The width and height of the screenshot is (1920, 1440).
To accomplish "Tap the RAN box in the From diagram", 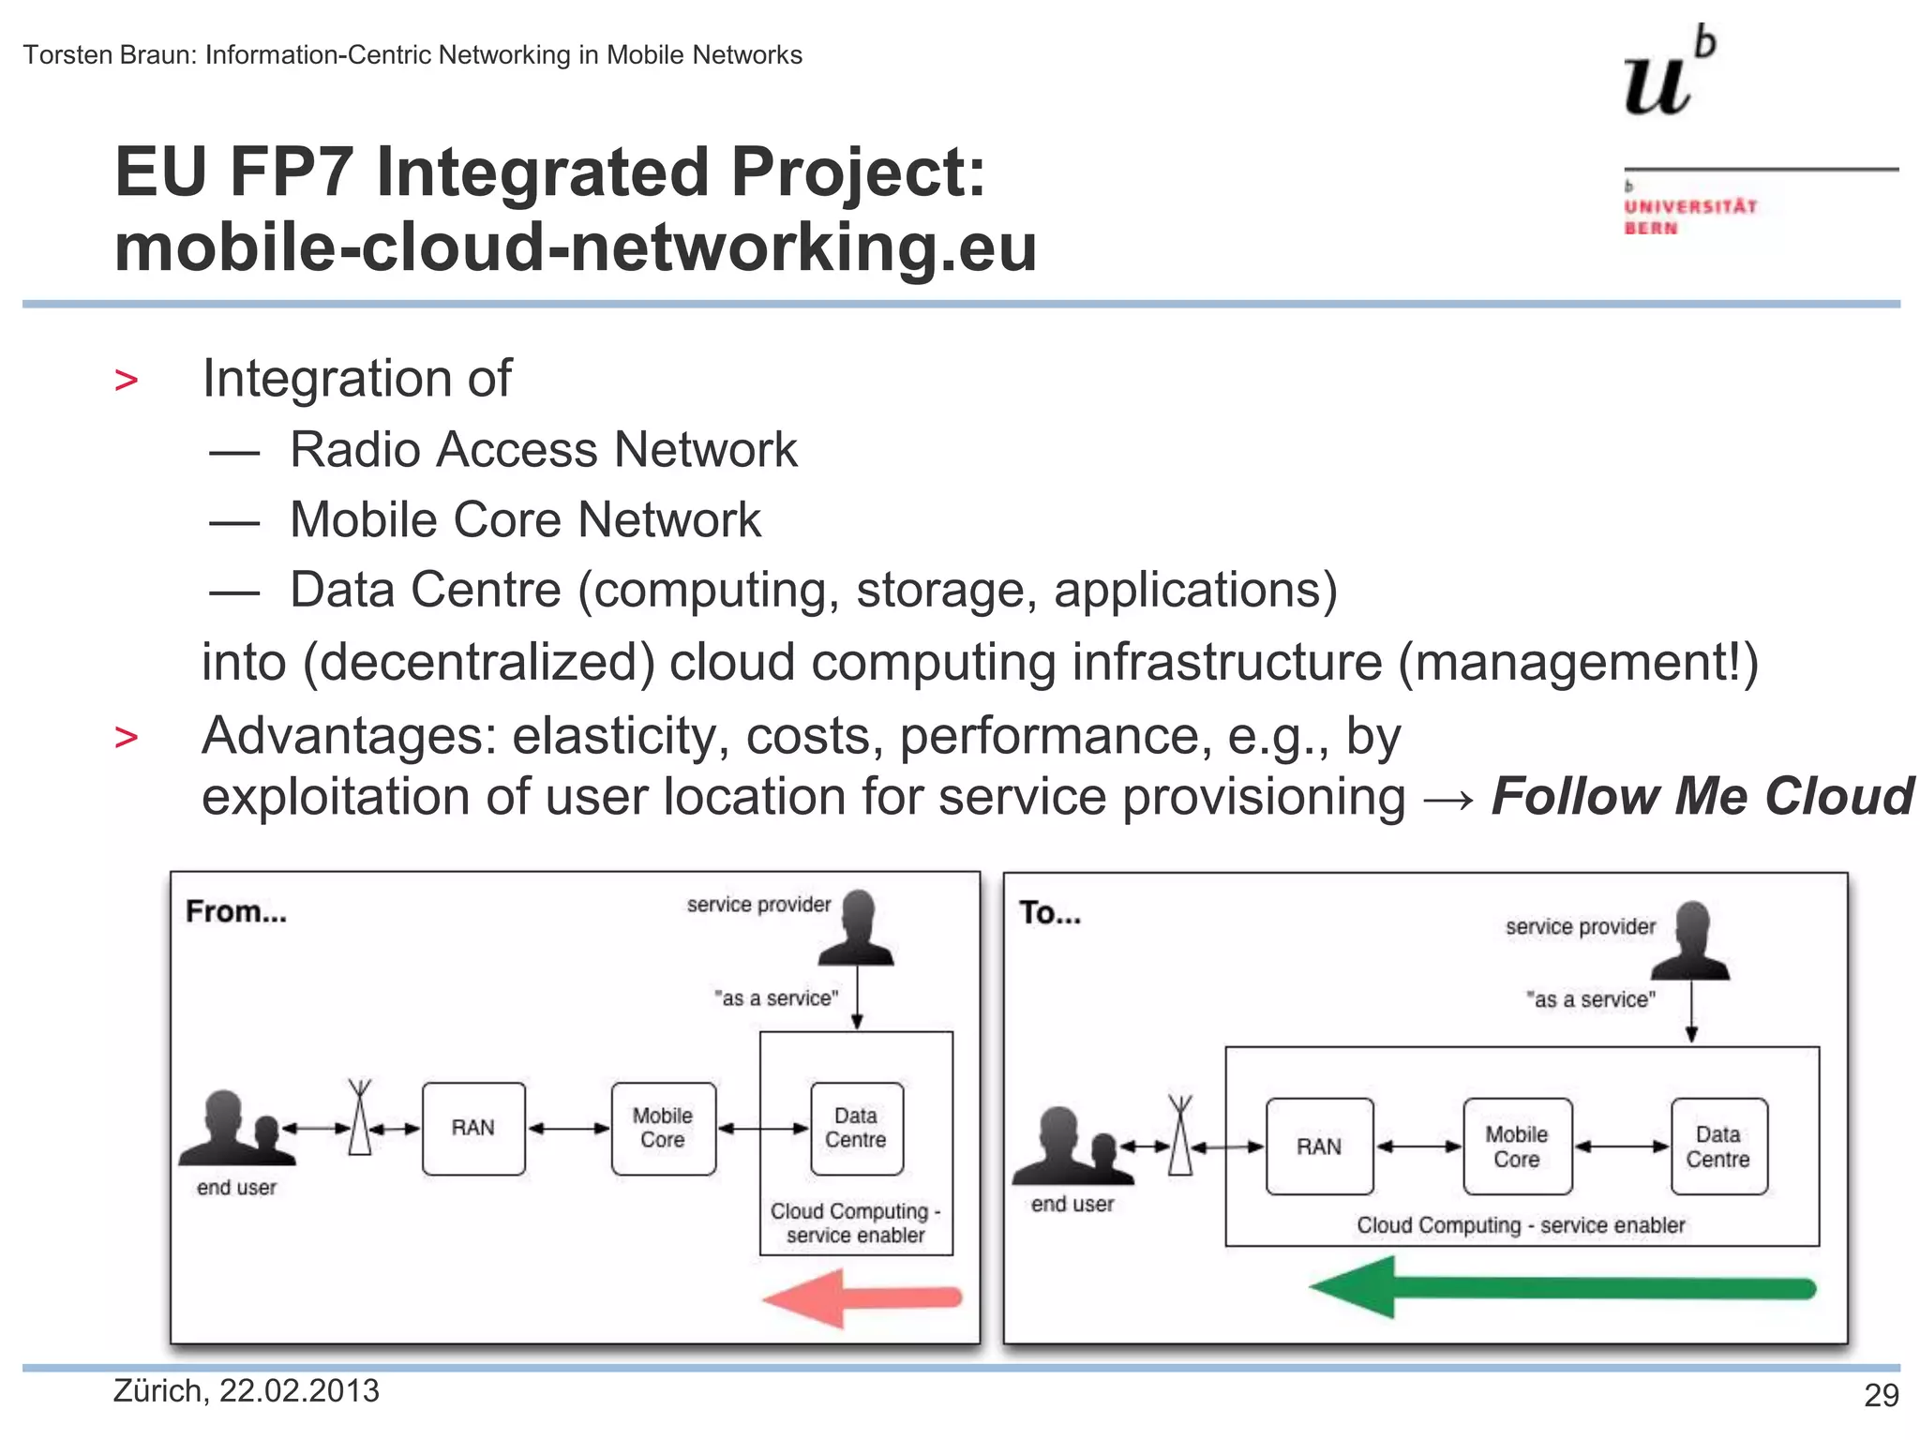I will tap(473, 1128).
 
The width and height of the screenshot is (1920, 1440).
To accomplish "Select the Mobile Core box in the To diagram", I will tap(1517, 1147).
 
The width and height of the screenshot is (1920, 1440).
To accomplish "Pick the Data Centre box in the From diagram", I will tap(857, 1128).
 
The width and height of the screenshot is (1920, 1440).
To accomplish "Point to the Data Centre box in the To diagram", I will tap(1718, 1147).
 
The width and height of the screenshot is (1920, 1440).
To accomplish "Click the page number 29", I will tap(1881, 1396).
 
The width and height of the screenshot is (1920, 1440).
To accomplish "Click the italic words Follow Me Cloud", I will tap(1702, 797).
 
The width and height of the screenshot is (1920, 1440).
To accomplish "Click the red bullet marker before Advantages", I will tap(126, 737).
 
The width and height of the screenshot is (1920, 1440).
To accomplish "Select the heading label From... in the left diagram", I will tap(235, 911).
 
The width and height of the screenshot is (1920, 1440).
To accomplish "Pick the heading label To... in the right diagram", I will tap(1049, 913).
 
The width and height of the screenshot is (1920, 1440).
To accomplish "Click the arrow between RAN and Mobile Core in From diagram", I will tap(568, 1129).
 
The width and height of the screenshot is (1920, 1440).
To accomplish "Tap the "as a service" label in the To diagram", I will tap(1590, 999).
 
